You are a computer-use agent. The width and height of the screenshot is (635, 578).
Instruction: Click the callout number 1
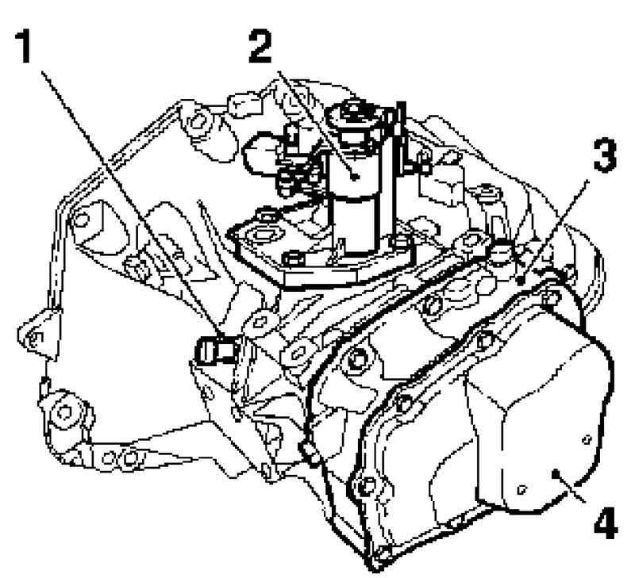[x=24, y=47]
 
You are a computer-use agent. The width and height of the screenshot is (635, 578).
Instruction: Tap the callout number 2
[x=260, y=47]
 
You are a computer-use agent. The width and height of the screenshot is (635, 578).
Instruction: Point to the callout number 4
[x=606, y=522]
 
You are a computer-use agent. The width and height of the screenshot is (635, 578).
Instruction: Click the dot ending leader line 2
[x=355, y=177]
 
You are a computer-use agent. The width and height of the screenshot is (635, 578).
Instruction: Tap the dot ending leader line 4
[x=556, y=473]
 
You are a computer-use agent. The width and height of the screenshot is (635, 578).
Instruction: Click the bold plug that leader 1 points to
[x=214, y=350]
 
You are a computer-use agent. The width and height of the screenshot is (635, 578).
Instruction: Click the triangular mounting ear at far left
[x=37, y=333]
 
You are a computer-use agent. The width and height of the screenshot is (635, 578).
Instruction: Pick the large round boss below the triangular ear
[x=65, y=411]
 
